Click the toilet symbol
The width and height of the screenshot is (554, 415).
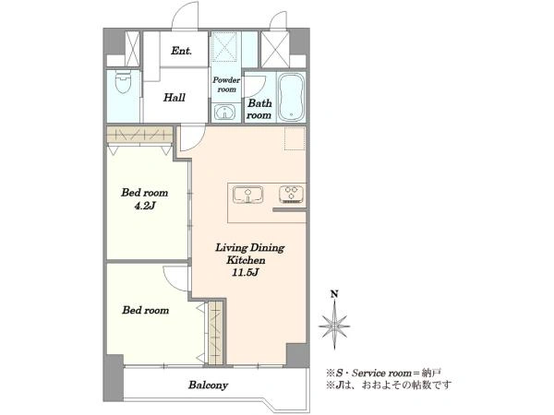(x=124, y=82)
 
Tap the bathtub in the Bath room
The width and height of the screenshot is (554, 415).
(x=291, y=97)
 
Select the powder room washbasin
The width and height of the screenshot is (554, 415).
(x=223, y=113)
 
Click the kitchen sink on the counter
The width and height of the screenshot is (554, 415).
(x=247, y=195)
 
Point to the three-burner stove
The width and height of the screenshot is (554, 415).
(x=292, y=194)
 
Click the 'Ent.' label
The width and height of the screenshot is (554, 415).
(x=182, y=51)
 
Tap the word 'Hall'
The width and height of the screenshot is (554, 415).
(x=175, y=98)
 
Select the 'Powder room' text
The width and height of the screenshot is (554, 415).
(x=226, y=85)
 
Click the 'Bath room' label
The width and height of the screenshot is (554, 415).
(x=259, y=109)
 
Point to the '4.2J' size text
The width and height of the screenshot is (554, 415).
(x=145, y=206)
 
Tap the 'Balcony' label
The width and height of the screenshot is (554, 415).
(x=208, y=385)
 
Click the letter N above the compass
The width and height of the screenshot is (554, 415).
(x=334, y=293)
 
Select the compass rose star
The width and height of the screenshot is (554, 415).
(x=334, y=326)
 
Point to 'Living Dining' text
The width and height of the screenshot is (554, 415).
(x=250, y=248)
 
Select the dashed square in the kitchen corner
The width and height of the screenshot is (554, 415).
(x=295, y=138)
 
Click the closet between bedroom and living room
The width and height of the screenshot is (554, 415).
(x=216, y=332)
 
